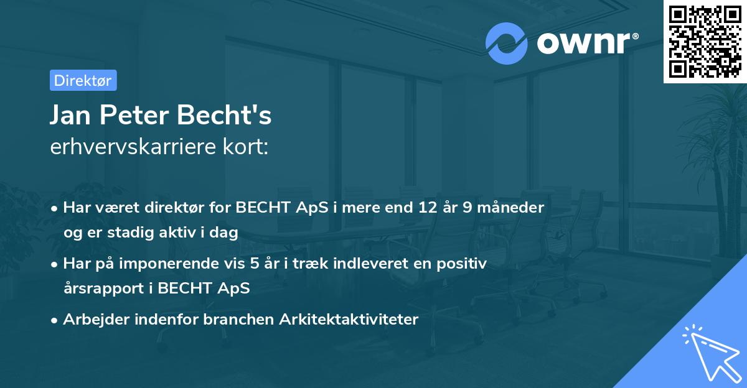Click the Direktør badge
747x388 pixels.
pos(83,80)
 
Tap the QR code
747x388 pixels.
pos(704,41)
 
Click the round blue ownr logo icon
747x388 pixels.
pos(507,43)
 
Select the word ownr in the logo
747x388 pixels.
pos(587,43)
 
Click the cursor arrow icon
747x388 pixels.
pos(709,351)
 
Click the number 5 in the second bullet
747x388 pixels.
pos(255,264)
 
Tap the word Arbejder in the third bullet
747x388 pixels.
pos(93,320)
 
